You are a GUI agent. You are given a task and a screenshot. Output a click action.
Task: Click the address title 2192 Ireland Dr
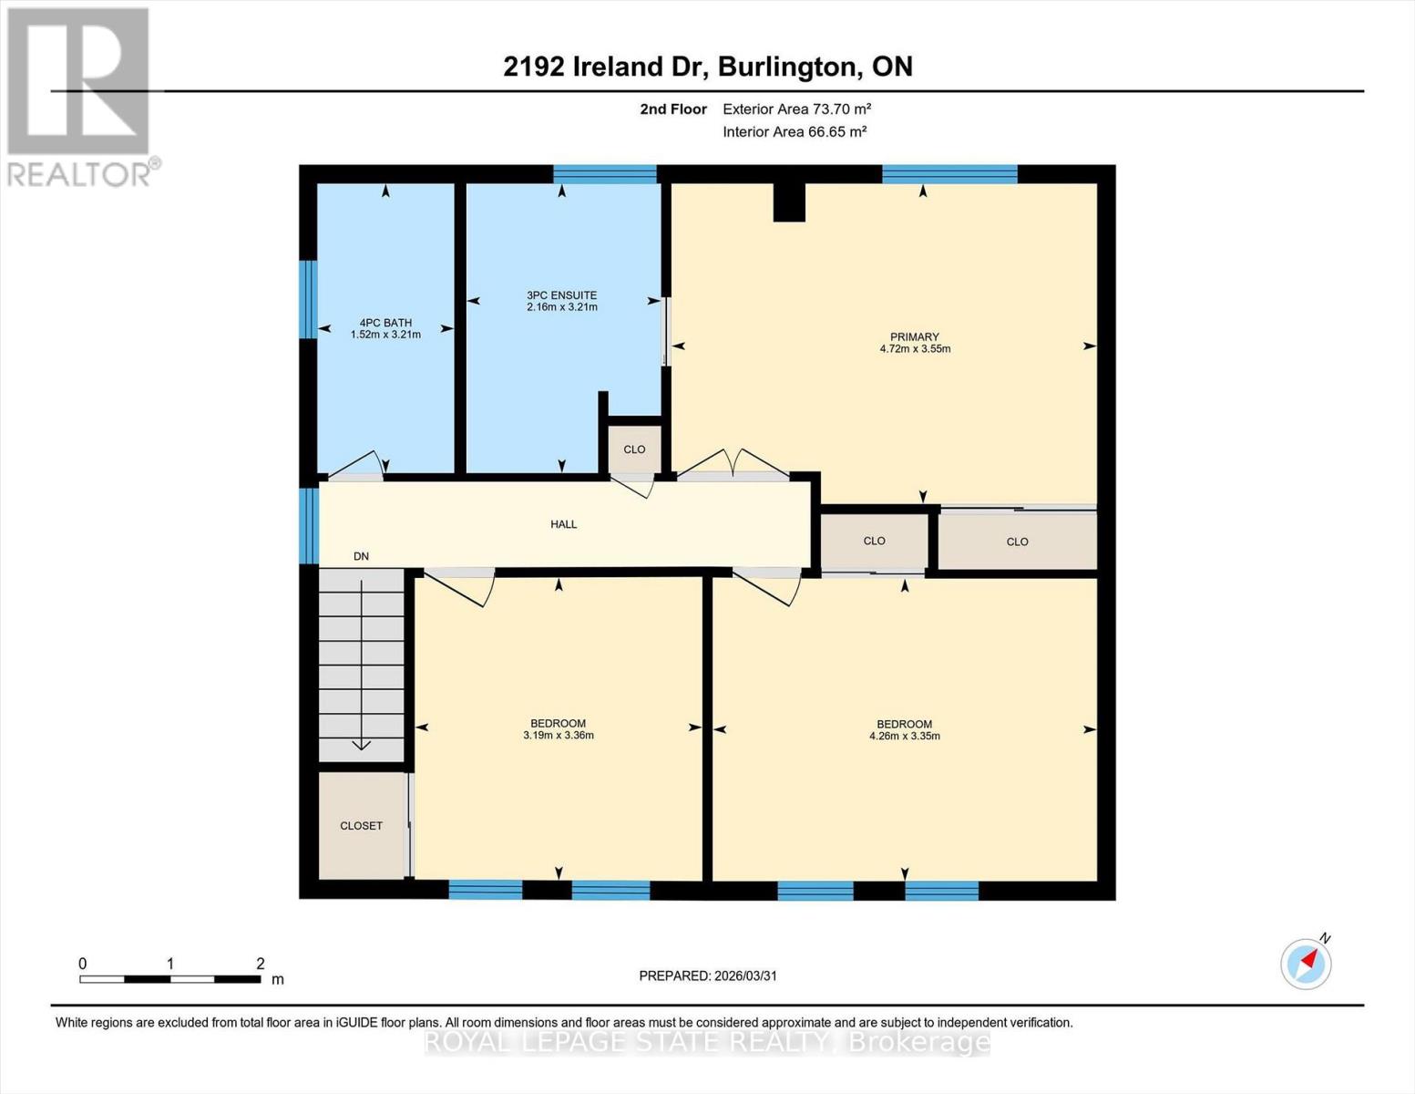coord(707,67)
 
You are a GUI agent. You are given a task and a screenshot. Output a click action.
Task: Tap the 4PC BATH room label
coord(385,323)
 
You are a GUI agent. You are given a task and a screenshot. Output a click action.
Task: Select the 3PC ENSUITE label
coord(561,295)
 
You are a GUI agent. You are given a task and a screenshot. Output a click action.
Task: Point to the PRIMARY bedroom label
coord(915,337)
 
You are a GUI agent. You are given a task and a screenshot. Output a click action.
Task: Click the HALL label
coord(563,524)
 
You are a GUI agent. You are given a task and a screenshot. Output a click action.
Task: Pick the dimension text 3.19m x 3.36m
coord(559,736)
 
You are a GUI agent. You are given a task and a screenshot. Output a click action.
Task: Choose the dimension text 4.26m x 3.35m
coord(904,737)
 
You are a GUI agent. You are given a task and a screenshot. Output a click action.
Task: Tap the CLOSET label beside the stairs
coord(361,826)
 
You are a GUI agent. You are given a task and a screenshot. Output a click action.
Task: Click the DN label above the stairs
coord(361,556)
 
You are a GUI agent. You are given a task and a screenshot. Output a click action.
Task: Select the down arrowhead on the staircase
coord(362,744)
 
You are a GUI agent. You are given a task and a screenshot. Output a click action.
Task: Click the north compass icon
coord(1307,963)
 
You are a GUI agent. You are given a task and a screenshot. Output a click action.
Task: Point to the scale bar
coord(170,979)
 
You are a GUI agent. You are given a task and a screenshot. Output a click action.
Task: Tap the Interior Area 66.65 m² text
coord(794,131)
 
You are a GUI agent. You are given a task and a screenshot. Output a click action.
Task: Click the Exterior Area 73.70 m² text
coord(796,108)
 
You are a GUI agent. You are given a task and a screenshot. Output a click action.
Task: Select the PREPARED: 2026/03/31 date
coord(707,975)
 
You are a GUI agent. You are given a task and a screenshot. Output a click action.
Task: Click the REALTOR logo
coord(80,96)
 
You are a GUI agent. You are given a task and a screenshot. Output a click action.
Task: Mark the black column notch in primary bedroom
coord(789,202)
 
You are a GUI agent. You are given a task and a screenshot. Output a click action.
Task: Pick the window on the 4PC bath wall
coord(309,299)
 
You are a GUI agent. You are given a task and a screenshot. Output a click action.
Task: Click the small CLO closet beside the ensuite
coord(634,449)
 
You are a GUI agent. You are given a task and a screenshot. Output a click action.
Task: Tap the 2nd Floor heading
coord(673,108)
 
